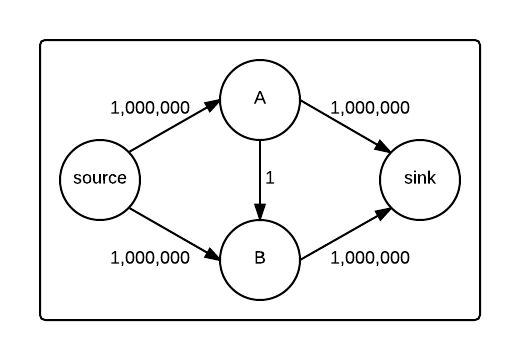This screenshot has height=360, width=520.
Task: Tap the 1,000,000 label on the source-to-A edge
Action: (x=150, y=107)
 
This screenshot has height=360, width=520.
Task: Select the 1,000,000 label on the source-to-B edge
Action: (x=150, y=257)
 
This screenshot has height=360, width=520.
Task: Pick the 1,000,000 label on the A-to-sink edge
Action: (x=369, y=107)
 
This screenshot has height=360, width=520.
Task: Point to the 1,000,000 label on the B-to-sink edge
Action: (x=369, y=257)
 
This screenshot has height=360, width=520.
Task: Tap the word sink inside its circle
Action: (x=420, y=180)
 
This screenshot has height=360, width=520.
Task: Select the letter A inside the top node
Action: (x=260, y=99)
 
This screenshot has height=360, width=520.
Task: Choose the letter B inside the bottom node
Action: (x=260, y=259)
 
